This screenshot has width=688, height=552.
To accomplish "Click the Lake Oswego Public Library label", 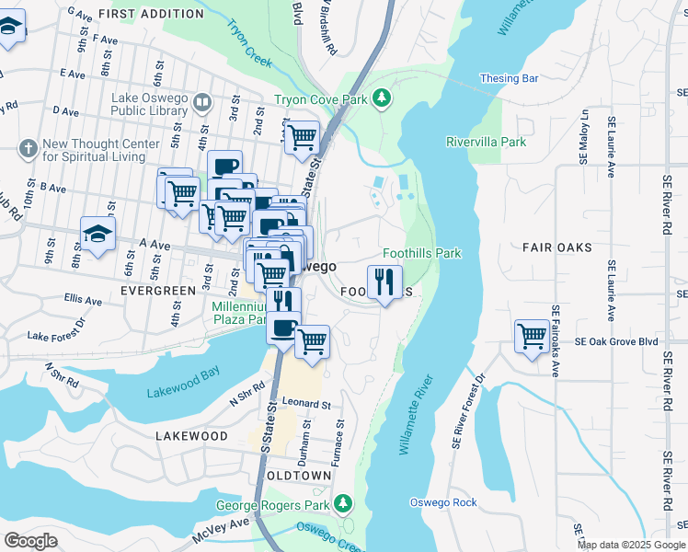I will point(150,104).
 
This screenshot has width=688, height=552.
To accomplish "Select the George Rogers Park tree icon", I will point(343,504).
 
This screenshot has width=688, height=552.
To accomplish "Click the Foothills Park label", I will point(421,253).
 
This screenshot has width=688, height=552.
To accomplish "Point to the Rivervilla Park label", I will point(486,142).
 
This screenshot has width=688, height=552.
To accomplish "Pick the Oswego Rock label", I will point(443,502).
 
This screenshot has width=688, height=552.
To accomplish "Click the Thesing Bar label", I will point(508,79).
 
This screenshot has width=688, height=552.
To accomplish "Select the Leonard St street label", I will point(306,404).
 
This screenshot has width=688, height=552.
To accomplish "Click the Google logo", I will point(31,541).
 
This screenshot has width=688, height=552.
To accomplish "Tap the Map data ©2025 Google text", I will point(631,545).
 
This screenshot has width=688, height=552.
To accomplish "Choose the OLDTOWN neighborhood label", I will point(298,475).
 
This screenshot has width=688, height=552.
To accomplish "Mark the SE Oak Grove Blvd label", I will point(616,341).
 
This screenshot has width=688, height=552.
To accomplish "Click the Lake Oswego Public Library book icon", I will point(203,104).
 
